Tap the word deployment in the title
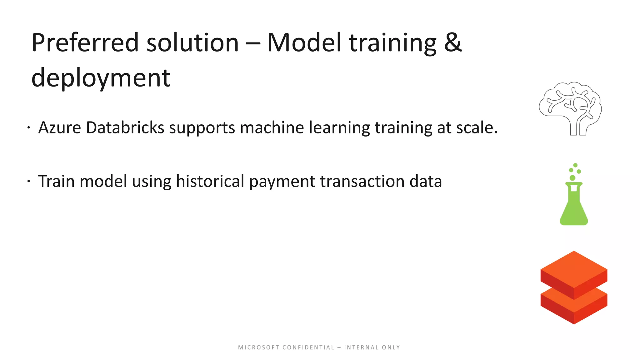tap(101, 78)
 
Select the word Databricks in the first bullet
tap(125, 128)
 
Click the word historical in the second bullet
tap(210, 181)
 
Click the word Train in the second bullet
tap(56, 181)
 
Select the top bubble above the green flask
tap(575, 165)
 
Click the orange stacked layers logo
tap(574, 287)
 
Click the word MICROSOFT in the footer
tap(259, 347)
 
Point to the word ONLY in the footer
tap(391, 347)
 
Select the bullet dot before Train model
tap(28, 181)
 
